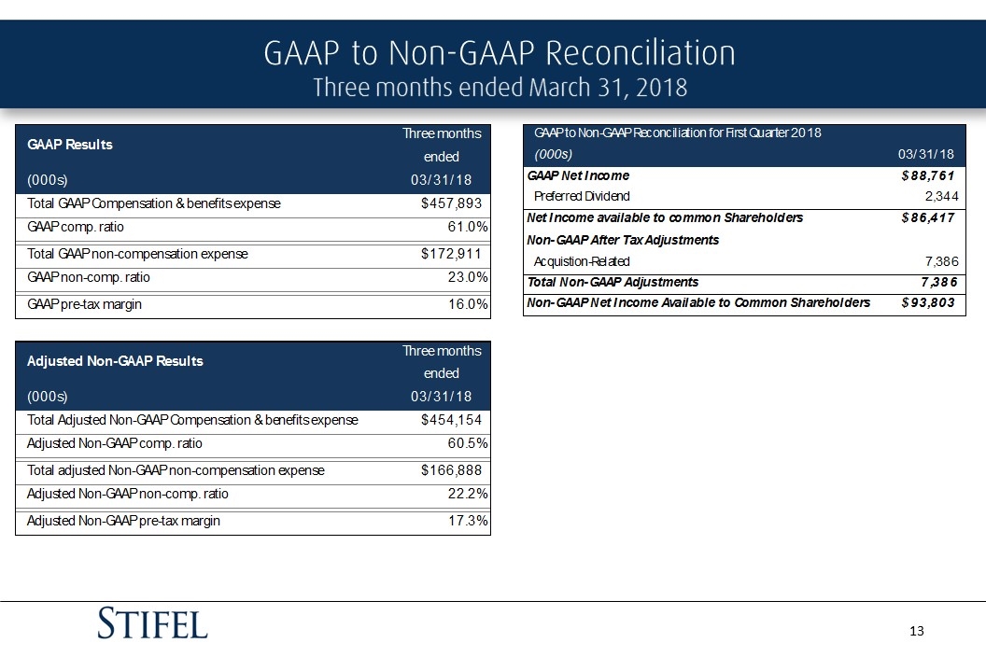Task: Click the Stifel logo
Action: [153, 622]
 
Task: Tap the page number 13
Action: [916, 632]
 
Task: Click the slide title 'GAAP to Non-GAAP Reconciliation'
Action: [500, 53]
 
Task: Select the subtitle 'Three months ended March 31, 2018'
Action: [500, 88]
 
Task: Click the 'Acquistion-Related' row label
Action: [582, 261]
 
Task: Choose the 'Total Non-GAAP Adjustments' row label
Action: [613, 282]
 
